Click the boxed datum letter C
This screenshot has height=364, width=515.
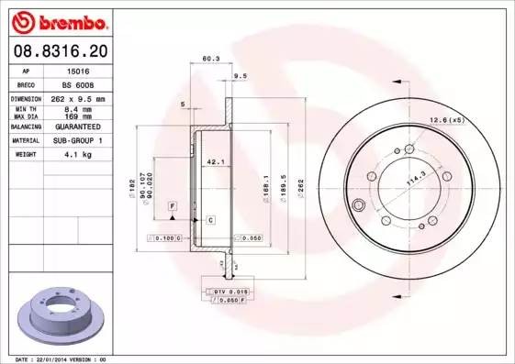click(x=210, y=220)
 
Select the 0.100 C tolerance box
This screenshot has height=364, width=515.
click(x=166, y=237)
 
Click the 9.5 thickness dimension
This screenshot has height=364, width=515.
click(x=241, y=76)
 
